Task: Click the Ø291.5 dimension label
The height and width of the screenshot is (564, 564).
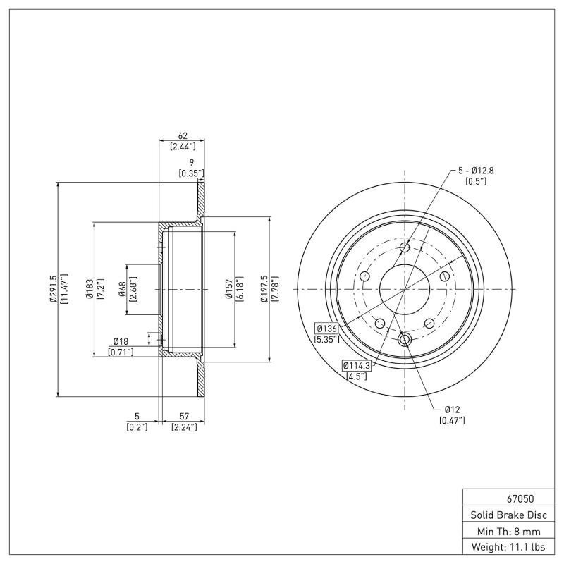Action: [54, 288]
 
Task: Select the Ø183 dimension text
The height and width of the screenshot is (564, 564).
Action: [90, 288]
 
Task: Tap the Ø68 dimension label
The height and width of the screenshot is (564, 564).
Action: [122, 288]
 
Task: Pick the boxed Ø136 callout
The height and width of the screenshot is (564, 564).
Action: [326, 329]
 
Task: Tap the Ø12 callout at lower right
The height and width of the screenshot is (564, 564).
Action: [452, 410]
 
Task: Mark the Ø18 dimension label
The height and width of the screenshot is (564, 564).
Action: [121, 341]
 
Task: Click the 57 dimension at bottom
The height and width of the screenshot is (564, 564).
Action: [183, 416]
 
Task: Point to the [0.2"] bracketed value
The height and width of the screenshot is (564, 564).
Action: [137, 426]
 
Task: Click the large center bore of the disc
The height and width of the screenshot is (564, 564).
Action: [405, 288]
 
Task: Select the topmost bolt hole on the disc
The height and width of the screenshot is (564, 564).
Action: [405, 248]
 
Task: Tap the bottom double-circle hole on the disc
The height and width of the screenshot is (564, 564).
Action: [405, 341]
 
